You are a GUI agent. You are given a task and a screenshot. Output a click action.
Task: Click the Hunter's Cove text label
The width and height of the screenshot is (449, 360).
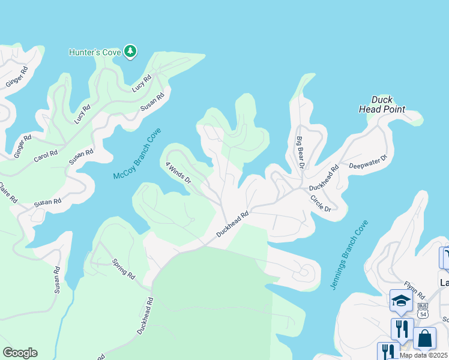[95, 52]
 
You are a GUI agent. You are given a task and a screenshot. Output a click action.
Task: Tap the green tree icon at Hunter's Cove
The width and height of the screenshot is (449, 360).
[130, 52]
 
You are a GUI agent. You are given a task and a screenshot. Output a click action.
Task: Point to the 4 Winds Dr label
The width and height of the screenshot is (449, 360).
[178, 172]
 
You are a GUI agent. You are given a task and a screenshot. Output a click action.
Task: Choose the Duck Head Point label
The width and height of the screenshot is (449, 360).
[382, 104]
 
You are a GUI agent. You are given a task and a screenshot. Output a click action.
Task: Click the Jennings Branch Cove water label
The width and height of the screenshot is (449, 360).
[349, 255]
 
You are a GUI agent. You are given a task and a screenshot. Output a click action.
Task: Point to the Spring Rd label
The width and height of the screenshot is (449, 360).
[124, 268]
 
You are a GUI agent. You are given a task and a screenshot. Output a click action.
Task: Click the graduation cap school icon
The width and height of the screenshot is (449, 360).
[400, 301]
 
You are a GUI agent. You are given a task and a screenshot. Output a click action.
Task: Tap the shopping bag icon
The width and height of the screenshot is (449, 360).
[424, 338]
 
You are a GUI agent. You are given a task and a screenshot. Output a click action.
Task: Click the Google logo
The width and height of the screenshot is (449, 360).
[20, 353]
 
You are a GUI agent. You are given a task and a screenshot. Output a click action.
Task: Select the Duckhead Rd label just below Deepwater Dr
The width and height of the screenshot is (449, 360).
[324, 178]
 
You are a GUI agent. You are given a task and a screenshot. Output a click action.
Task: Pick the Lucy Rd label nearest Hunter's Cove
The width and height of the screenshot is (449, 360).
[142, 83]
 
